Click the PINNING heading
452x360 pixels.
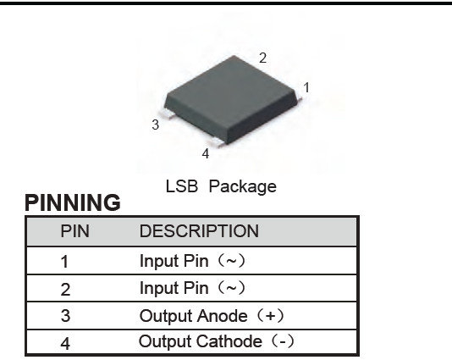click(x=73, y=202)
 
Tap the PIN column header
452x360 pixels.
click(x=75, y=231)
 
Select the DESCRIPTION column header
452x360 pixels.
click(x=199, y=231)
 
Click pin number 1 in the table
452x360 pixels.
click(x=65, y=262)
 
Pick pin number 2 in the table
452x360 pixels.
click(x=65, y=289)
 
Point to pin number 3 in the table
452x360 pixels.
click(x=65, y=316)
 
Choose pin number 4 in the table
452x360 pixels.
click(x=65, y=343)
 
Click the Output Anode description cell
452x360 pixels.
click(x=212, y=316)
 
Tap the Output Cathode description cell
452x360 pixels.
click(x=217, y=341)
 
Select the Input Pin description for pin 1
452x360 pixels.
click(x=192, y=261)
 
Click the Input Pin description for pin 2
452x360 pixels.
click(x=192, y=288)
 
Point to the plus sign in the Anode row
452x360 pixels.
click(x=270, y=316)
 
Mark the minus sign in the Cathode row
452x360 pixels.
click(x=283, y=342)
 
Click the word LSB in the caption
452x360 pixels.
click(x=182, y=186)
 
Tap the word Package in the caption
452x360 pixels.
click(x=242, y=187)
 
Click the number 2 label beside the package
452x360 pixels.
click(x=262, y=58)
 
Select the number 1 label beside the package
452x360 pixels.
click(x=306, y=88)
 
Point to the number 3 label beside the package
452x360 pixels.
click(x=156, y=125)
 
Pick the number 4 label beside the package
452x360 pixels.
click(x=206, y=154)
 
